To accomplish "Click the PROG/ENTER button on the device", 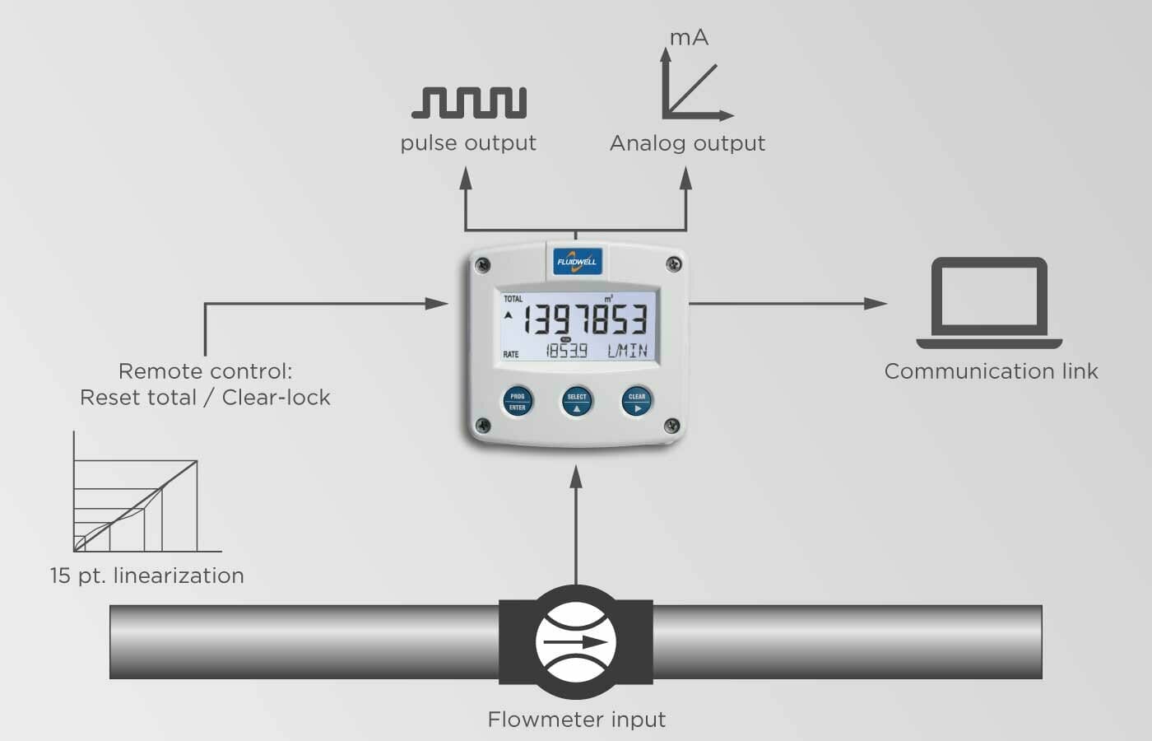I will tap(517, 402).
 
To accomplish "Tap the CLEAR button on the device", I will tap(637, 402).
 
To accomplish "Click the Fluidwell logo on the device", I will tap(576, 262).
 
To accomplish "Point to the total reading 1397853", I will tap(585, 319).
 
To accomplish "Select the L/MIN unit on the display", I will tap(627, 351).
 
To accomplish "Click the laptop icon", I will tap(989, 303).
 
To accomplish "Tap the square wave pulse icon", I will tap(469, 102).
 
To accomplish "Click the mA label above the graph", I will tap(689, 38).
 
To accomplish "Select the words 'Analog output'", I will tap(687, 143).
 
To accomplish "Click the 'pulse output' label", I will tap(468, 143).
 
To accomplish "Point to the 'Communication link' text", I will tap(991, 371).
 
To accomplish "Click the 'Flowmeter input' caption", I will tap(576, 720).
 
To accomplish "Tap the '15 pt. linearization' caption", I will tap(146, 576).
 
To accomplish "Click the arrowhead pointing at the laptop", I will tap(876, 303).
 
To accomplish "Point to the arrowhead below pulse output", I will tap(466, 177).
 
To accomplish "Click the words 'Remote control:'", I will tap(205, 371).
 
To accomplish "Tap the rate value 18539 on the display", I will tap(567, 351).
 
